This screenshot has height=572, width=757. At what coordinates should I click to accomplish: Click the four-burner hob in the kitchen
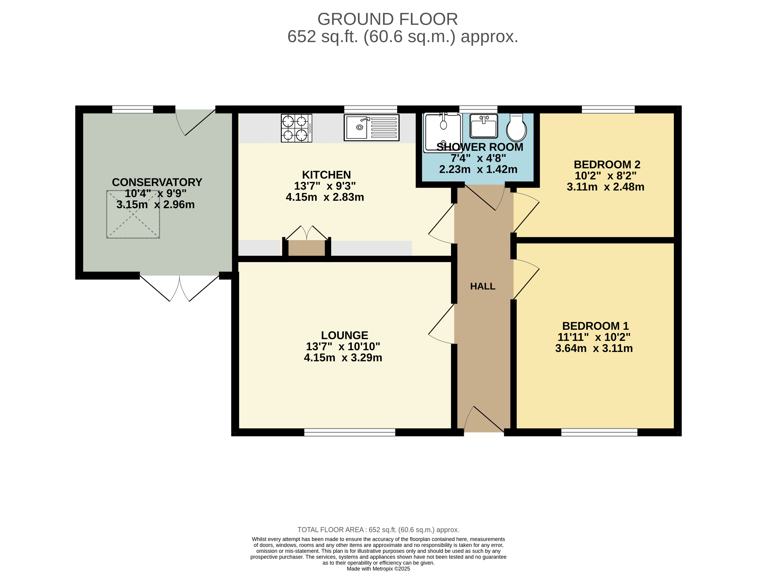point(296,128)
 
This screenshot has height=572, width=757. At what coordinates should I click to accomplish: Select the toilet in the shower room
point(516,128)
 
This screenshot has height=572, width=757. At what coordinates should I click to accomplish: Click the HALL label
point(482,286)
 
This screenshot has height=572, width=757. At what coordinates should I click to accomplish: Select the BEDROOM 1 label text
point(596,326)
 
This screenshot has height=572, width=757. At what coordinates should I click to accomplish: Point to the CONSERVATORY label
point(157,182)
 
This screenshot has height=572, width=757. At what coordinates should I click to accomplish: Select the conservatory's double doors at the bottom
point(180,288)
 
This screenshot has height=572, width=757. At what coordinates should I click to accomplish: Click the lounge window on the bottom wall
point(350,432)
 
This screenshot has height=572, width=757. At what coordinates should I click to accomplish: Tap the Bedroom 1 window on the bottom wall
point(599,432)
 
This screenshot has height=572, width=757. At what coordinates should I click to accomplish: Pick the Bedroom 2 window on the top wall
point(608,109)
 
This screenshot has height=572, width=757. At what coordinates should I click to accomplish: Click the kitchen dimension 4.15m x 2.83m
point(325,197)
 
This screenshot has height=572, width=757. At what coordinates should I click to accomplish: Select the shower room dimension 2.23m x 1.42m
point(478,169)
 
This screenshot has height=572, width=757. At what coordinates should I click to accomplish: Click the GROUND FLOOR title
point(387,19)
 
